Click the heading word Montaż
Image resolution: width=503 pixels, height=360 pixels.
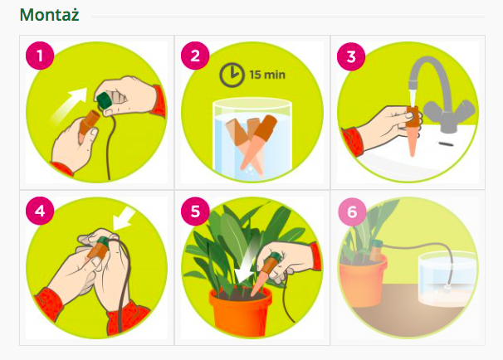click(x=50, y=15)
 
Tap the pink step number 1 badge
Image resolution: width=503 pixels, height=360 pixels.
click(x=40, y=56)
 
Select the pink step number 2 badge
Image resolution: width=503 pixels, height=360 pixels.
click(x=195, y=56)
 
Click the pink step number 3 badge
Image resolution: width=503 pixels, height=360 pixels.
click(x=351, y=56)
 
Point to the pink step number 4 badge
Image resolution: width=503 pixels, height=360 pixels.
click(x=40, y=211)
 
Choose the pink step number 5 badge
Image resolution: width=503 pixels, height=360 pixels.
click(x=195, y=211)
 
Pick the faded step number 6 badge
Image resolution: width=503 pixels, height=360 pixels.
click(x=352, y=212)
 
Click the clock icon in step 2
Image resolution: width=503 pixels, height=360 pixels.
click(x=232, y=75)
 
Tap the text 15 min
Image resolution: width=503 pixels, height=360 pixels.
click(x=267, y=75)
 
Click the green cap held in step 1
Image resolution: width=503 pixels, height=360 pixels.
click(x=105, y=100)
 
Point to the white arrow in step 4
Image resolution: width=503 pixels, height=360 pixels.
click(x=125, y=218)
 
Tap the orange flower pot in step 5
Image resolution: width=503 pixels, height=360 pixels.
click(x=240, y=311)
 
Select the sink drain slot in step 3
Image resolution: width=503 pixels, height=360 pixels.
click(x=447, y=144)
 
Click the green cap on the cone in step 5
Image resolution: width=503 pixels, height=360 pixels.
click(x=275, y=257)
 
